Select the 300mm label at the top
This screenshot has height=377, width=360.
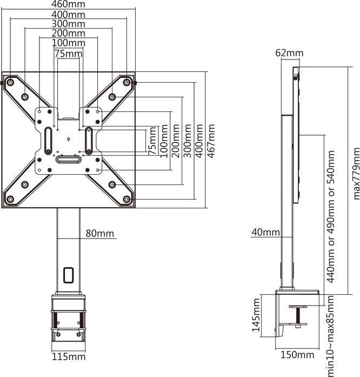(68, 23)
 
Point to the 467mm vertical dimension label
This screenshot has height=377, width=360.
(211, 141)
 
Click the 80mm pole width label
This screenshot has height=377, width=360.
(100, 234)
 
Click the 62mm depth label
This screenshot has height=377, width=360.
(289, 53)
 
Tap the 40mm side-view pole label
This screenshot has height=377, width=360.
(265, 233)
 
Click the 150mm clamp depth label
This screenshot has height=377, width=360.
(297, 355)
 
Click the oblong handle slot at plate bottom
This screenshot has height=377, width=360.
(68, 159)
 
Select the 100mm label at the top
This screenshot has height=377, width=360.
(68, 43)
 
